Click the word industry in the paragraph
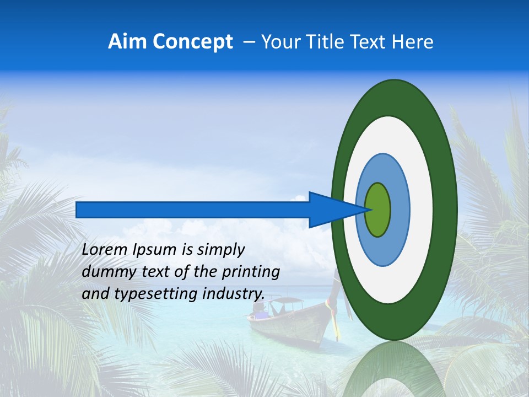[x=232, y=294]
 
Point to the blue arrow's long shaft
[x=193, y=210]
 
